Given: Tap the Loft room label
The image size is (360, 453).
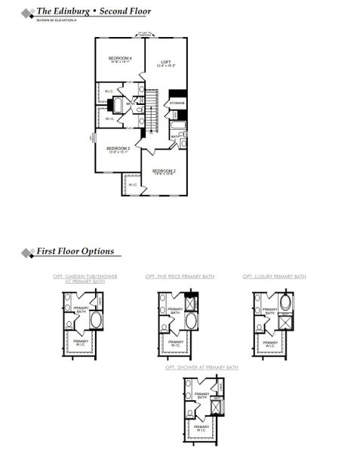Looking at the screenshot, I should (x=166, y=64).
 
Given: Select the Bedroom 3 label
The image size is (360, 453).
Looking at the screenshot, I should (x=118, y=149).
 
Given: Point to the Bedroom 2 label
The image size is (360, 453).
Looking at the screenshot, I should (x=164, y=172).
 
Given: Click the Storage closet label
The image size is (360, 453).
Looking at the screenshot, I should (x=177, y=103).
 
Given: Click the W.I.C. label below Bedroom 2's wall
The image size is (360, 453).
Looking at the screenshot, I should (x=132, y=185).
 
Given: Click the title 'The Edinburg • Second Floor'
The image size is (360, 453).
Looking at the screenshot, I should (x=94, y=12).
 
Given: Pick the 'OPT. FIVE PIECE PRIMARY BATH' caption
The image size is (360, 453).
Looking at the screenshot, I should (x=180, y=277).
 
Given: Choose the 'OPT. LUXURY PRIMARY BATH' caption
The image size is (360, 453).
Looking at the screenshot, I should (x=274, y=277).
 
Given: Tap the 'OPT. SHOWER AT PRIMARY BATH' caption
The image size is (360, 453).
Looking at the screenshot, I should (x=202, y=367).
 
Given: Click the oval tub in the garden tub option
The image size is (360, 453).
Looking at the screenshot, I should (x=96, y=322).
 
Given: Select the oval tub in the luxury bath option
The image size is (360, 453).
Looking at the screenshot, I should (x=284, y=305).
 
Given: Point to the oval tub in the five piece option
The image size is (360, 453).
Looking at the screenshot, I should (x=189, y=322).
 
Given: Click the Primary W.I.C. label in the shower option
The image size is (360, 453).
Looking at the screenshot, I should (x=202, y=428).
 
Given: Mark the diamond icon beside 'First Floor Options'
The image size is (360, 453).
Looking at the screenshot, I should (x=28, y=251).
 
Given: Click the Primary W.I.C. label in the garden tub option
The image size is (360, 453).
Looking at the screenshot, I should (x=82, y=343).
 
